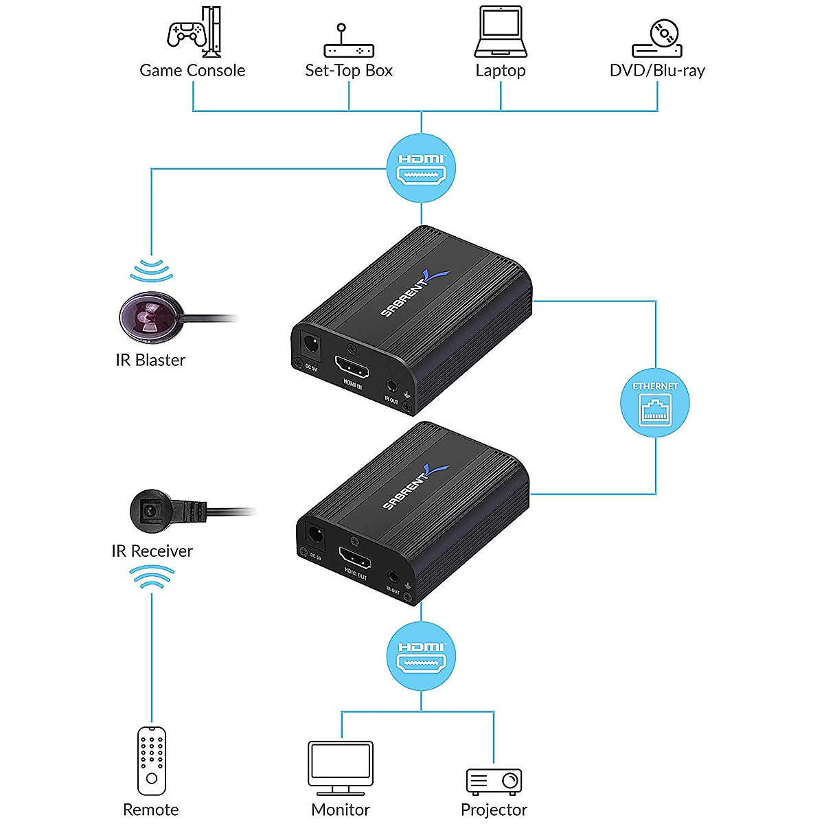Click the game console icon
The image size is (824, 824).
coord(194,32)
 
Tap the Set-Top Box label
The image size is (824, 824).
coord(349,71)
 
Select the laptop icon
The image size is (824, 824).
coord(501,32)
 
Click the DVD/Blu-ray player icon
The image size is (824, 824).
coord(657,38)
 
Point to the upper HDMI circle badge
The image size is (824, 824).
coord(422,168)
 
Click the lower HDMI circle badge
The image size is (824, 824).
coord(422,656)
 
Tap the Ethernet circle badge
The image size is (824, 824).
coord(655,403)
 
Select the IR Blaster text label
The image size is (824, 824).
coord(150,360)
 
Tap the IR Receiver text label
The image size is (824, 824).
coord(152,551)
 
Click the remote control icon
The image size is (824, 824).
coord(152,761)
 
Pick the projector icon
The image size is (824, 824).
coord(494,781)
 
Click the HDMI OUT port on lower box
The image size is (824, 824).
coord(355,559)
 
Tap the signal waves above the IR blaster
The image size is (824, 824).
coord(152,270)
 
